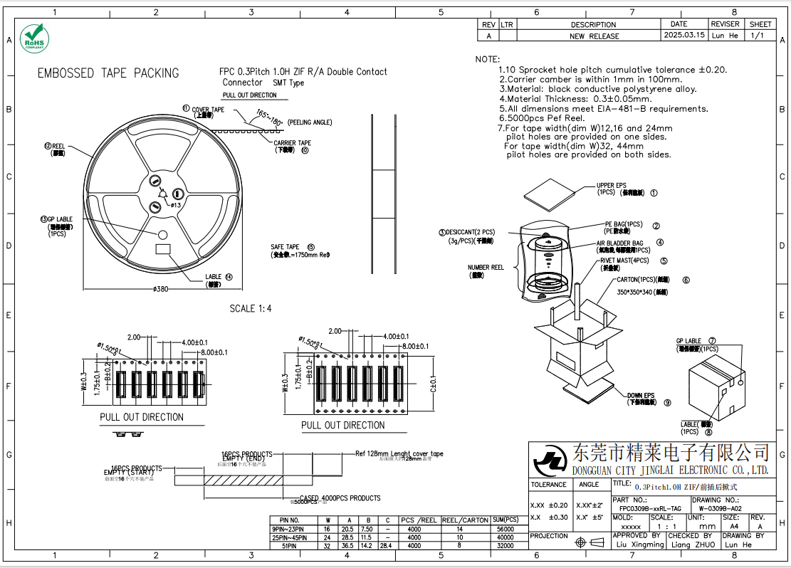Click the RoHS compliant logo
[33, 38]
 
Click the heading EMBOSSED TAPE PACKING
[108, 73]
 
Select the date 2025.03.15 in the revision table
[684, 35]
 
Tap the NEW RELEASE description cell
[594, 36]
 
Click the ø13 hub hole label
[176, 204]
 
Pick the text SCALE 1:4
[251, 309]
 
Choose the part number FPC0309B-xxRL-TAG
[649, 509]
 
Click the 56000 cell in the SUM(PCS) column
[505, 529]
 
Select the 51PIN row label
[289, 546]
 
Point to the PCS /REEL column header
[419, 520]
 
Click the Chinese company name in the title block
[671, 453]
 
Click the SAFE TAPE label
[285, 247]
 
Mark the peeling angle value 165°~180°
[268, 117]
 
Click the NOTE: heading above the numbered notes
[488, 59]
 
